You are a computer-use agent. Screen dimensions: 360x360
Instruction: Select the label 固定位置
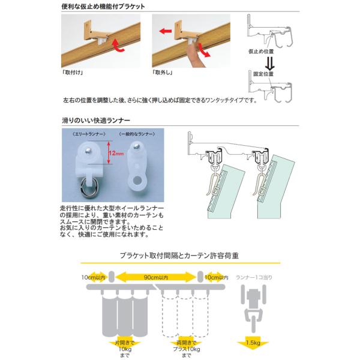[262, 74]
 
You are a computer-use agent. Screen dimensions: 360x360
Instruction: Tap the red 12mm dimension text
[116, 154]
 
